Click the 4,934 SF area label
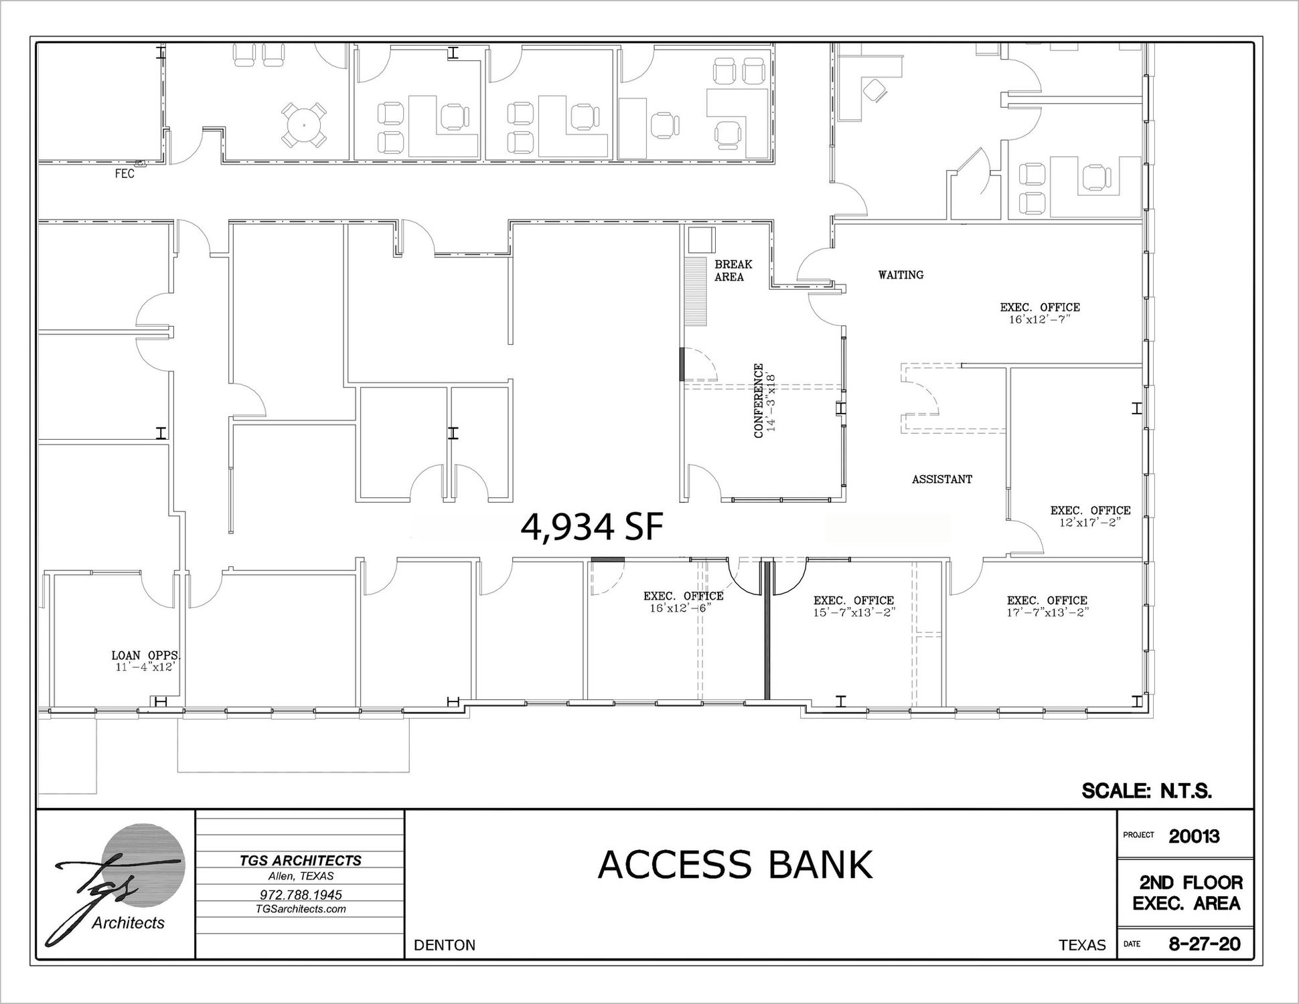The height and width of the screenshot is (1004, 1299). coord(592,527)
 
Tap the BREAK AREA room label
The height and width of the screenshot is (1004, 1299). coord(733,271)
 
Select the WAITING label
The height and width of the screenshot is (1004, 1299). coord(901,274)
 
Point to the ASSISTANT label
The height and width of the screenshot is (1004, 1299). coord(941,479)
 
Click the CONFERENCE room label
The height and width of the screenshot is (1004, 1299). coord(759,401)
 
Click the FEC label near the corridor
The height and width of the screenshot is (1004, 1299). coord(125,174)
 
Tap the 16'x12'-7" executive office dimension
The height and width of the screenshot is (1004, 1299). coord(1040,320)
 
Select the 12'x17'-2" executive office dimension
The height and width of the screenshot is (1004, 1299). coord(1090,523)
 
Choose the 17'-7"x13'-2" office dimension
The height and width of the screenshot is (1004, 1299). coord(1047,612)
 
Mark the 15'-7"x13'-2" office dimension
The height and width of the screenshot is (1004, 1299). coord(854,612)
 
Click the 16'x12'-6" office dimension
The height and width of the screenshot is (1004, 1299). coord(680,608)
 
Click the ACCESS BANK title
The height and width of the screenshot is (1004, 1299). coord(735,864)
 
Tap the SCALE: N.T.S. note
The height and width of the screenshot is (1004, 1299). coord(1147,791)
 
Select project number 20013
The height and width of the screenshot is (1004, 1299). coord(1195,836)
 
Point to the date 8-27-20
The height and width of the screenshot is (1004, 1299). coord(1204,944)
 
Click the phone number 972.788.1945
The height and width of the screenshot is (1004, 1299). coord(301,894)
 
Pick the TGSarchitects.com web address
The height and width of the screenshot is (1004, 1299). coord(301,909)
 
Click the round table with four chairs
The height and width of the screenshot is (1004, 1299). coord(304,125)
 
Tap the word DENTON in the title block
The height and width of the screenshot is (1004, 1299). coord(445,945)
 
